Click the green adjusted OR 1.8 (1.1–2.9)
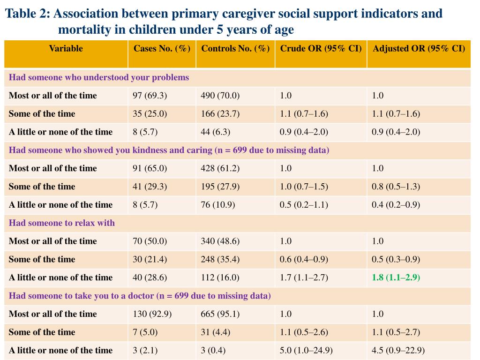[x=396, y=277]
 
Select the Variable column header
[x=66, y=48]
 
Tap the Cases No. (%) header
[x=162, y=48]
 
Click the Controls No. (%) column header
[x=235, y=48]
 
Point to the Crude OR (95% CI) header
[x=321, y=48]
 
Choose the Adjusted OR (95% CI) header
[x=419, y=48]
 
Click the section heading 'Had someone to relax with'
[x=62, y=223]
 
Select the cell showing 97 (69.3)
[x=150, y=96]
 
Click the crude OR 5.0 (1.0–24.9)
[x=306, y=350]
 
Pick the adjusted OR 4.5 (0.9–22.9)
[x=398, y=350]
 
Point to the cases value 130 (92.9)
[x=152, y=314]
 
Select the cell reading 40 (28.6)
[x=150, y=277]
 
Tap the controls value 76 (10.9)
[x=217, y=205]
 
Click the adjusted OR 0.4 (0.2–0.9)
[x=396, y=205]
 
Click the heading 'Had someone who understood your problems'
[x=99, y=77]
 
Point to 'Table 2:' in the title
[x=28, y=13]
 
